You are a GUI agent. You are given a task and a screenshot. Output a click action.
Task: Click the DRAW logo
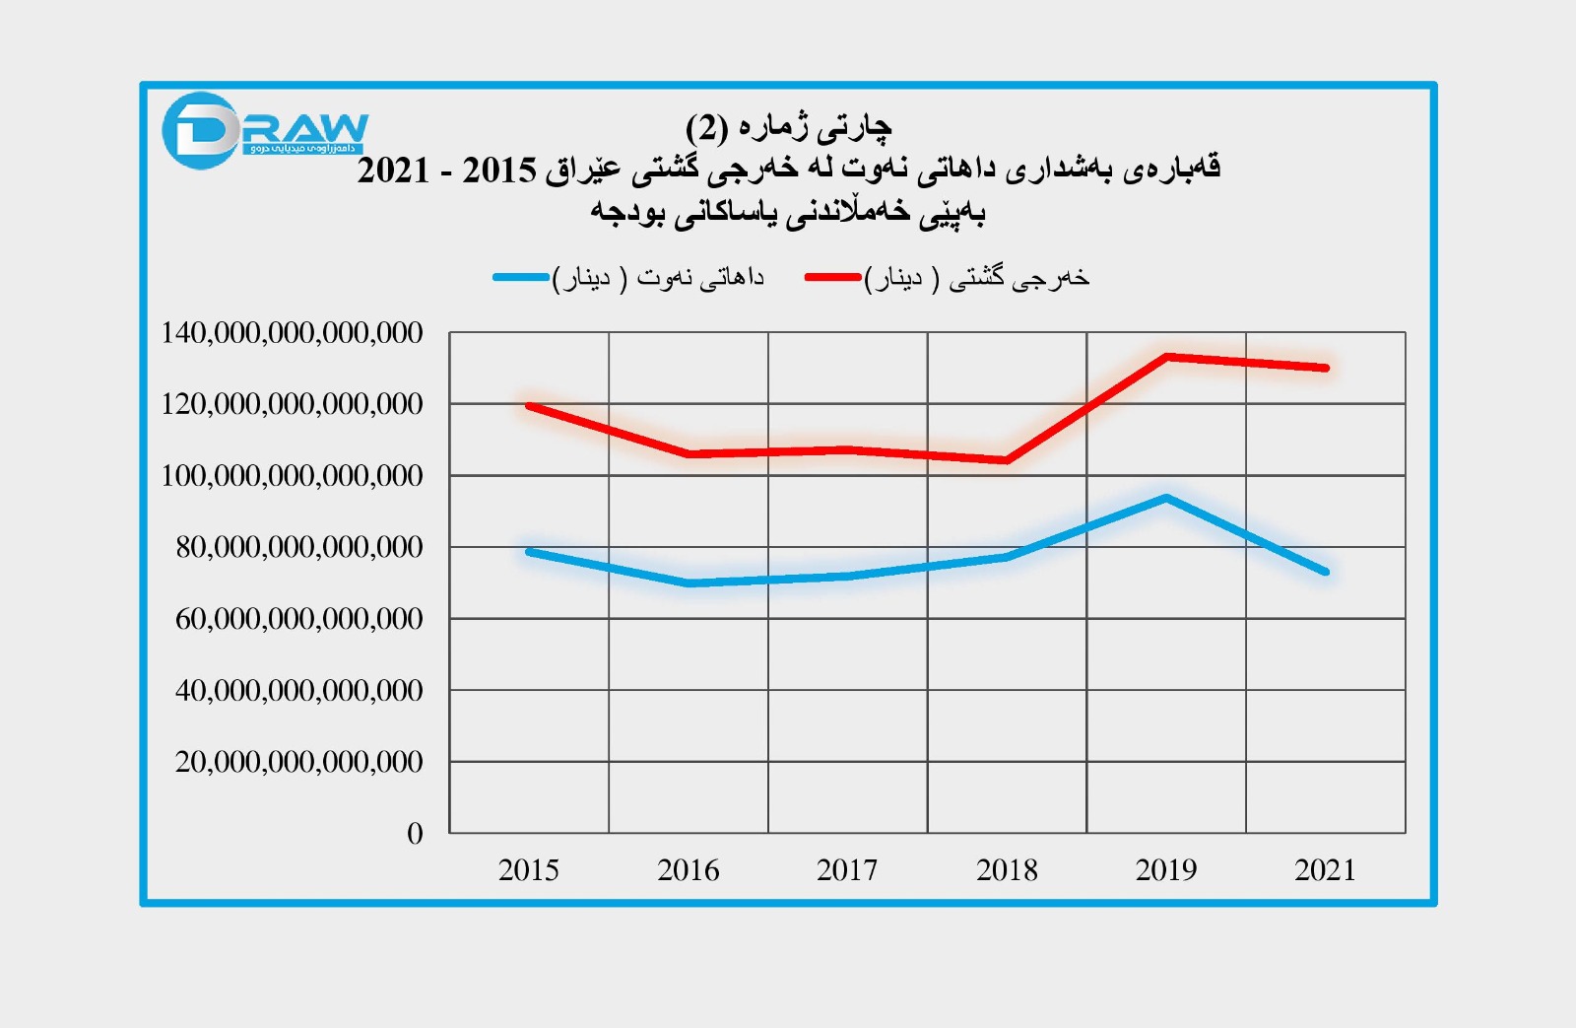pos(264,131)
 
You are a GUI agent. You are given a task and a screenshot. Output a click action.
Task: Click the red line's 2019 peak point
pos(1166,356)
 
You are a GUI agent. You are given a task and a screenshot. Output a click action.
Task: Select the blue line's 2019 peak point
pos(1166,498)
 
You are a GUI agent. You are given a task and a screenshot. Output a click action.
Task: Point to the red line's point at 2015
pos(529,405)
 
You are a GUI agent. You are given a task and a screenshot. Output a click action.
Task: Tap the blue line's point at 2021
pos(1326,572)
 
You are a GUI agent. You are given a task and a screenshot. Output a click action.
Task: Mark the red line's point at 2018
pos(1007,460)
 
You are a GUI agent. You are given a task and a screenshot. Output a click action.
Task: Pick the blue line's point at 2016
pos(689,583)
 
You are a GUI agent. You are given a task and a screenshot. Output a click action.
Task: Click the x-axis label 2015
pos(528,870)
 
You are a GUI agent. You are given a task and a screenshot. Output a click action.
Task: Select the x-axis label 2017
pos(847,870)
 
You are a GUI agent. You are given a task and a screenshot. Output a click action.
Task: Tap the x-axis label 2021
pos(1325,870)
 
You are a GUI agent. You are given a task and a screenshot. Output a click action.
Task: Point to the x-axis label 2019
pos(1166,870)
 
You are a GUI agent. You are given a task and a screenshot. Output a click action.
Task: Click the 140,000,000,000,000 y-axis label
pos(292,333)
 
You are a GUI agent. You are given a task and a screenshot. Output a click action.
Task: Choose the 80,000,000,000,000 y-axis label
pos(299,547)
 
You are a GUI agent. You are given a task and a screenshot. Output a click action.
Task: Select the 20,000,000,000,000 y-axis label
pos(299,762)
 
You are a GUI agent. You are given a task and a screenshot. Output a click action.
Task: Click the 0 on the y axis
pos(415,834)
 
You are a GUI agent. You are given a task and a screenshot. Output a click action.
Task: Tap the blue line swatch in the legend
pos(521,278)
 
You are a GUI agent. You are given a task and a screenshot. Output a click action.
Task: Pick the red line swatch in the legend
pos(832,278)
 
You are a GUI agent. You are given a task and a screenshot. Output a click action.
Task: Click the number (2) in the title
pos(707,127)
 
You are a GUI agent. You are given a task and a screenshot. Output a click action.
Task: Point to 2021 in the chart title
pos(394,171)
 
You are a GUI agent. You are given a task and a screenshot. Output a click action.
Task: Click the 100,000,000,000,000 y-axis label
pos(292,476)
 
